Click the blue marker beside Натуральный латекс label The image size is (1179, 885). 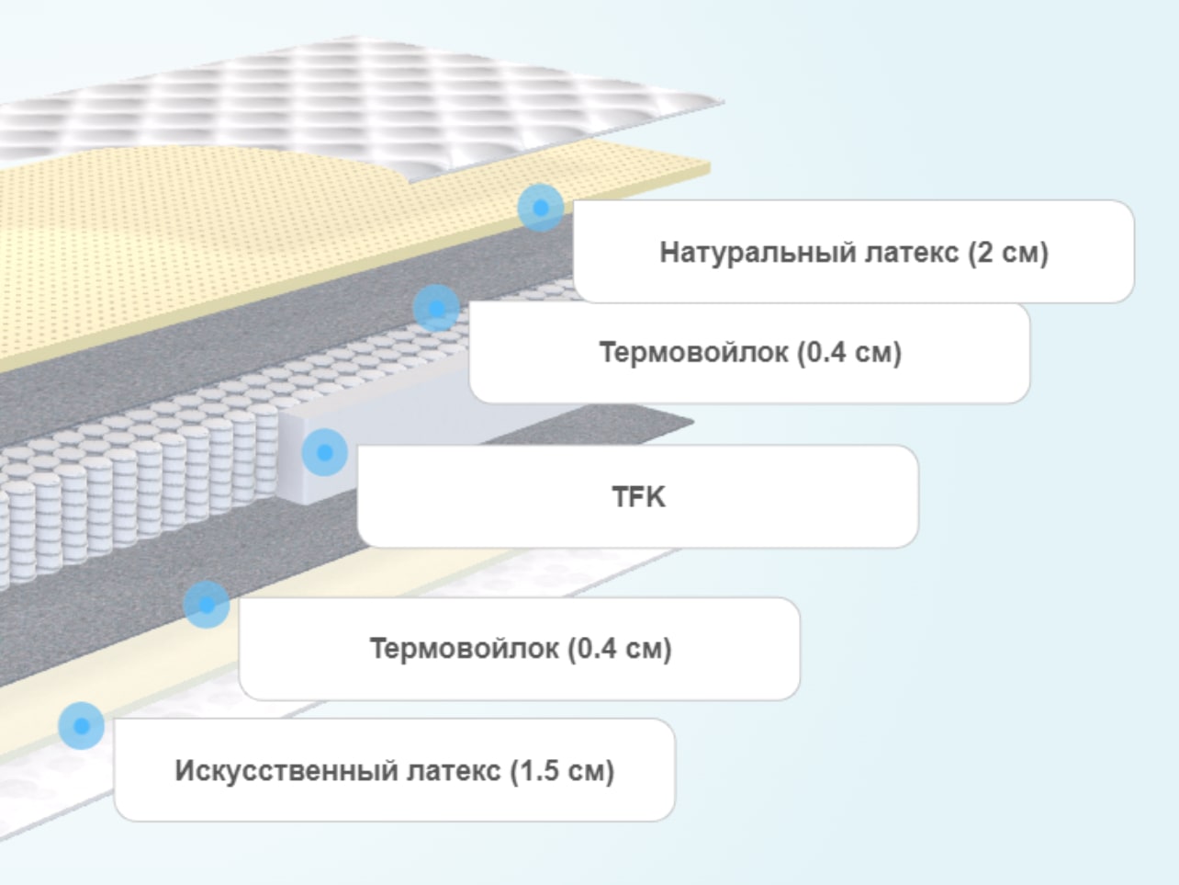pyautogui.click(x=541, y=208)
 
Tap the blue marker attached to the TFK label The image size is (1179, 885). pyautogui.click(x=324, y=452)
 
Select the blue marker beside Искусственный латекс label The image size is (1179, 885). pyautogui.click(x=81, y=726)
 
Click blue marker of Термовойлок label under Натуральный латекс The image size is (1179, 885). pyautogui.click(x=437, y=309)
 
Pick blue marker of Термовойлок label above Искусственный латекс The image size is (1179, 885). pyautogui.click(x=207, y=605)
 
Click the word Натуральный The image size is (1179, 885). pyautogui.click(x=758, y=253)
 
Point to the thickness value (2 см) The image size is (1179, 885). pyautogui.click(x=1008, y=253)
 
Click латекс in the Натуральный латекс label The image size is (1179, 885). pyautogui.click(x=912, y=254)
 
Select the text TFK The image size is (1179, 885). pyautogui.click(x=639, y=496)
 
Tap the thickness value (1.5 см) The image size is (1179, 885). pyautogui.click(x=562, y=771)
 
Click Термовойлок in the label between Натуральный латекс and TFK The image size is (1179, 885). pyautogui.click(x=694, y=353)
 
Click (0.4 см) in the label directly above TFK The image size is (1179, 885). pyautogui.click(x=849, y=353)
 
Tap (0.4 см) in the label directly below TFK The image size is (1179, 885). pyautogui.click(x=620, y=649)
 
